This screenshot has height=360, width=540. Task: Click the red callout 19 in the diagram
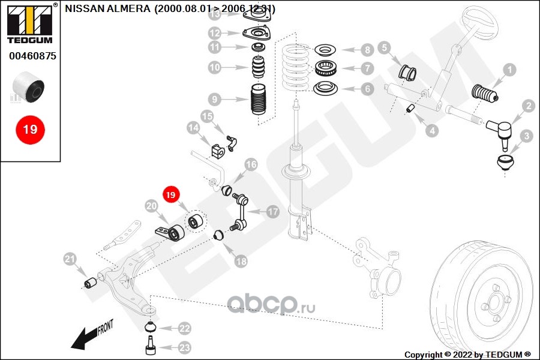coord(170,195)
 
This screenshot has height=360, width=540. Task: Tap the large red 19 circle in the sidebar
coord(30,128)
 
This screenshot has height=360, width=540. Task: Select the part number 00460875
coord(32,56)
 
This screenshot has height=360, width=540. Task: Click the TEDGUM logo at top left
coord(29,24)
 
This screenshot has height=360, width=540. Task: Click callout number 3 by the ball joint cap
coord(526,136)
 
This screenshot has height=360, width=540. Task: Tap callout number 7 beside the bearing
coord(367,69)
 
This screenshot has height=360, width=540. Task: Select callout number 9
coord(215,99)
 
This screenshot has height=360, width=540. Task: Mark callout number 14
coord(193,128)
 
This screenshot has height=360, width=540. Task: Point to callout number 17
coord(273,211)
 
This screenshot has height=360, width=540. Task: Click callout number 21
coord(70,259)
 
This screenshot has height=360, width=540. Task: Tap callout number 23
coord(184,347)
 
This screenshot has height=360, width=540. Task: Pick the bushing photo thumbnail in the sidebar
coord(30,87)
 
